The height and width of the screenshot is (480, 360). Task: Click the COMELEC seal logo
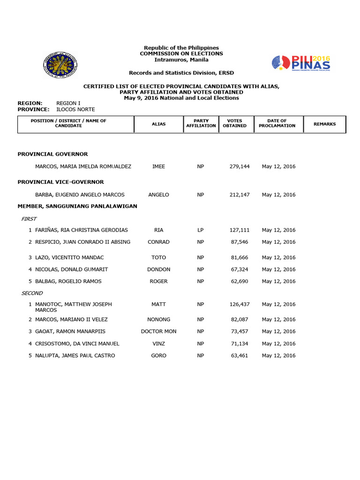point(60,65)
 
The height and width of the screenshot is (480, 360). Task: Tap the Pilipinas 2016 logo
point(301,63)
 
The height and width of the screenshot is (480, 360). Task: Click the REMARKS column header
point(324,124)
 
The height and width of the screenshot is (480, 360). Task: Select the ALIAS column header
point(158,124)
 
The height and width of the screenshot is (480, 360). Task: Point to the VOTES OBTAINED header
point(235,123)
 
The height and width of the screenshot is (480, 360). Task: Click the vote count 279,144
point(240,166)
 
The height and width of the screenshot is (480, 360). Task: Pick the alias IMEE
point(158,166)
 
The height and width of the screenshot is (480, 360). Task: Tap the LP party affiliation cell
point(201,230)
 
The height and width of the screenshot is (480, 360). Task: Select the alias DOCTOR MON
point(158,331)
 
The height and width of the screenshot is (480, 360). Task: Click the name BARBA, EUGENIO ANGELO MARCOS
point(80,195)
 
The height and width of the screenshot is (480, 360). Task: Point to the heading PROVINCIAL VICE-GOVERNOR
point(60,182)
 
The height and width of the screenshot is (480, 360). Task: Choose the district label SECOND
point(32,293)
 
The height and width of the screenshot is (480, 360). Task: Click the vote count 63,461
point(240,356)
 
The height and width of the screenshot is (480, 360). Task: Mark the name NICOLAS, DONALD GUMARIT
point(71,270)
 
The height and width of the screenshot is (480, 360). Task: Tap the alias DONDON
point(158,270)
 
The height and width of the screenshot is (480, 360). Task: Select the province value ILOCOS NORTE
point(75,109)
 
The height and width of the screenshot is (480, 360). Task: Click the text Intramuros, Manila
point(181,60)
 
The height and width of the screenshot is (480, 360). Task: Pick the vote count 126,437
point(240,304)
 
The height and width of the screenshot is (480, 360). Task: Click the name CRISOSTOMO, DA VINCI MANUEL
point(77,344)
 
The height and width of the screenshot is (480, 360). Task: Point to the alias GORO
point(158,356)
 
